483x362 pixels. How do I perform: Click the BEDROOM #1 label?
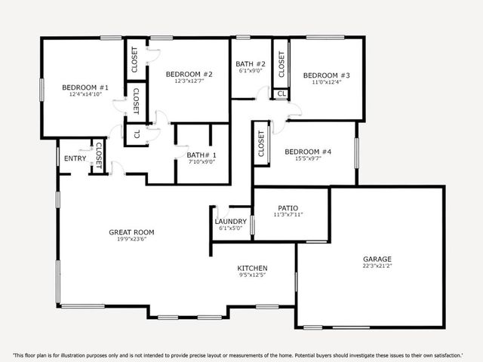coord(85,87)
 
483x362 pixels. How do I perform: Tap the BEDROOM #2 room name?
coord(184,74)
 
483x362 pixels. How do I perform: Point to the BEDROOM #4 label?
coord(308,152)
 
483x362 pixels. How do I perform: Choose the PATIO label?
coord(288,207)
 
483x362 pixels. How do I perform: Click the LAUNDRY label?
coord(232,221)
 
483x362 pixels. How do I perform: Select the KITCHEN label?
coord(253,268)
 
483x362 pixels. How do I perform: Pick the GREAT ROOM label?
coord(131,232)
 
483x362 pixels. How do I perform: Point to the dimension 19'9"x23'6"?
coord(131,240)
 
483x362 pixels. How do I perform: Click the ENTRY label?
coord(75,158)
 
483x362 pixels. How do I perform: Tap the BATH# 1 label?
coord(202,155)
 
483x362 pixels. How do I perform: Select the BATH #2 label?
coord(250,64)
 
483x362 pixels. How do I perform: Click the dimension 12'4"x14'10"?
coord(85,96)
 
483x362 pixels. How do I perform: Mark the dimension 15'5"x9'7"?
coord(308,159)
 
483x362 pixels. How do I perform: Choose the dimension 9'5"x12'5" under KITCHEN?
coord(253,275)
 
